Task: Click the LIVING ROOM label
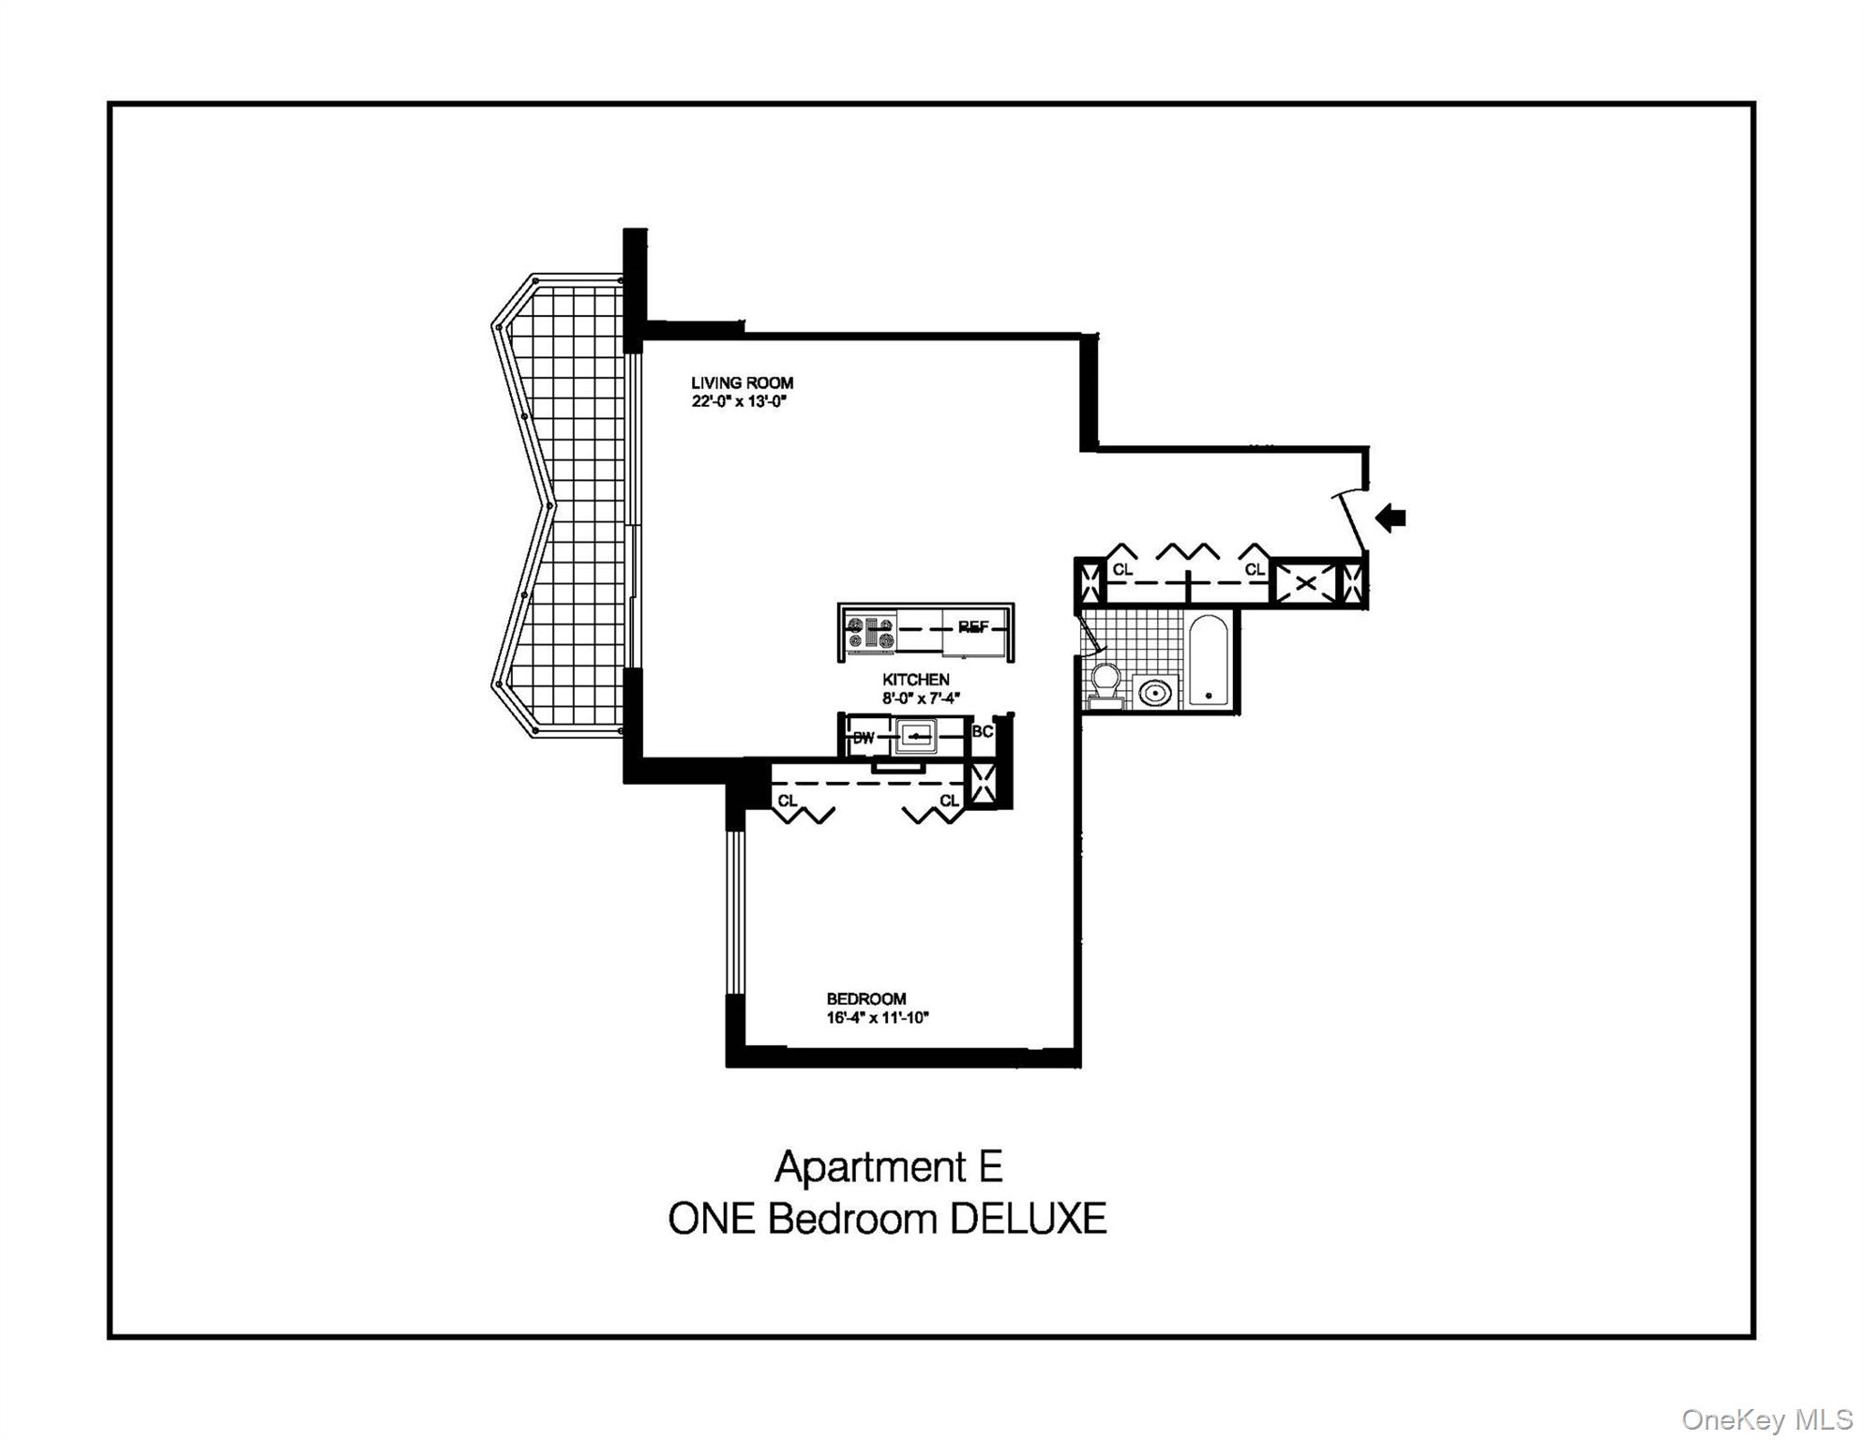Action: (x=742, y=382)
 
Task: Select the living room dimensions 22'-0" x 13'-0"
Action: (x=739, y=402)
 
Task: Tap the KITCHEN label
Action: (x=915, y=679)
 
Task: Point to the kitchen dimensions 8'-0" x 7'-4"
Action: (x=921, y=698)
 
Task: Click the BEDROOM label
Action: (x=865, y=998)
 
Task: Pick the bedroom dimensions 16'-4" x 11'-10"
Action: (x=877, y=1018)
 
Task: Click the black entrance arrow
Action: (x=1390, y=517)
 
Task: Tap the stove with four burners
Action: (x=870, y=634)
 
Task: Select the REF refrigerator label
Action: (x=973, y=627)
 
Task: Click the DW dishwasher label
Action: (x=863, y=738)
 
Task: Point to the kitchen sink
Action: (x=915, y=737)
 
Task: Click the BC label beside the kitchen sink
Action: (x=982, y=731)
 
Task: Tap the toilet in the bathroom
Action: (x=1105, y=684)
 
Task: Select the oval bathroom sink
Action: (x=1154, y=693)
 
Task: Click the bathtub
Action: (x=1208, y=659)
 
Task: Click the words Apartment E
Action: (x=888, y=1167)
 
